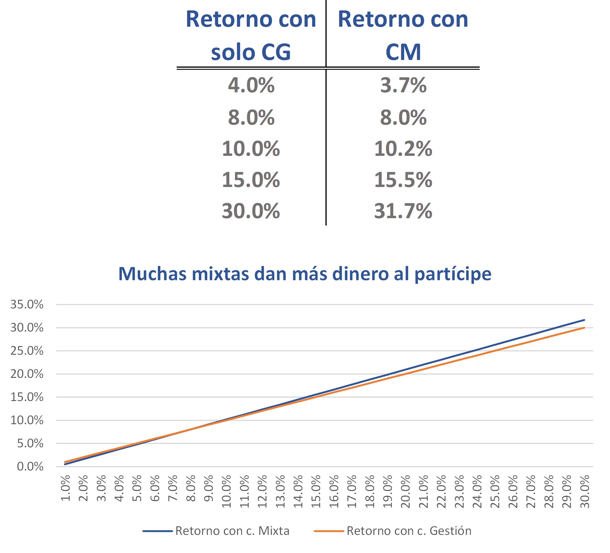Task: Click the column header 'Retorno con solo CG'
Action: (251, 35)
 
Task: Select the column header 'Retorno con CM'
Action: (403, 35)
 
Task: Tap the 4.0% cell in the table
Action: (251, 85)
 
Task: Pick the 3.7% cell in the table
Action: (403, 85)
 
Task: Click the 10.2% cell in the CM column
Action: (403, 149)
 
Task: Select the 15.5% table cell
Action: (403, 180)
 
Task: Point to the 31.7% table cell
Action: (403, 211)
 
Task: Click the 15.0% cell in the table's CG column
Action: (251, 180)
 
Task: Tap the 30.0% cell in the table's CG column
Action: (251, 211)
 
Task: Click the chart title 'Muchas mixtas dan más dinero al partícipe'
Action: (305, 274)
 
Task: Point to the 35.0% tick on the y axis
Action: (27, 305)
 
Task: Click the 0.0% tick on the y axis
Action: (30, 467)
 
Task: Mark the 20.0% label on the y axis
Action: (27, 374)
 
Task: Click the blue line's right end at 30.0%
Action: (584, 320)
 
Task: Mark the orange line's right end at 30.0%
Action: (584, 328)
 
